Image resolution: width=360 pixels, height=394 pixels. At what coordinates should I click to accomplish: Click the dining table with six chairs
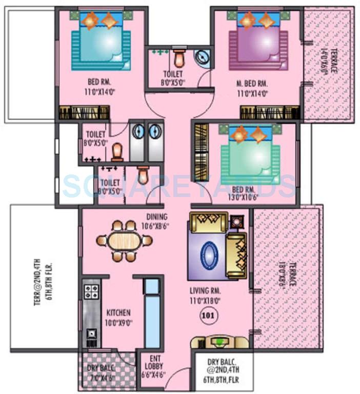point(124,241)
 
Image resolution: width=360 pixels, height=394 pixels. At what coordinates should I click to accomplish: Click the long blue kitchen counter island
point(152,313)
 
